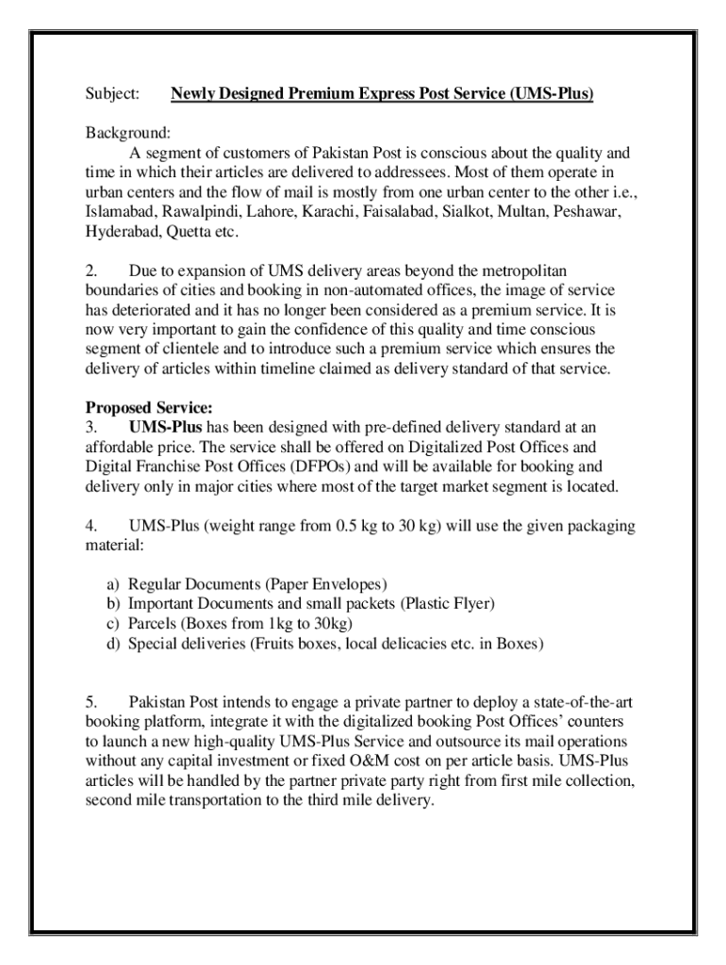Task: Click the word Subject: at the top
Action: tap(112, 94)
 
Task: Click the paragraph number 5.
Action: tap(91, 702)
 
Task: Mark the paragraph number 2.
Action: tap(91, 270)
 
